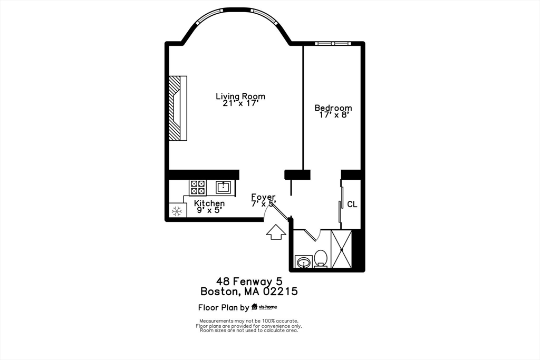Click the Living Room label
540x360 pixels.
(x=240, y=96)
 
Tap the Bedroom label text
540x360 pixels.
(x=333, y=108)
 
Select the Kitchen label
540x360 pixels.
(x=209, y=203)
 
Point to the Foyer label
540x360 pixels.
(x=263, y=197)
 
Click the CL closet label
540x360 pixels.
(x=352, y=205)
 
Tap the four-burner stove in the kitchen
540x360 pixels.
(x=198, y=188)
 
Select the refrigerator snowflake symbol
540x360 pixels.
(x=177, y=211)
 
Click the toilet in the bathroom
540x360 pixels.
(x=321, y=259)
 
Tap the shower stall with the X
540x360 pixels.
(x=341, y=249)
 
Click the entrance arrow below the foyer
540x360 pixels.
(x=276, y=232)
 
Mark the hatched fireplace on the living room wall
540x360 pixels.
(x=178, y=108)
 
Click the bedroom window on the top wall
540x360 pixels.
(x=333, y=43)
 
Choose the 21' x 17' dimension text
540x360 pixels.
(x=240, y=103)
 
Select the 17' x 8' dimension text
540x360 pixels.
(x=333, y=115)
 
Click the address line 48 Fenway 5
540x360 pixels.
(x=249, y=281)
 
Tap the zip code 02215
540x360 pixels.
(x=281, y=291)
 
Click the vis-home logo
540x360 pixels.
(x=264, y=307)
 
